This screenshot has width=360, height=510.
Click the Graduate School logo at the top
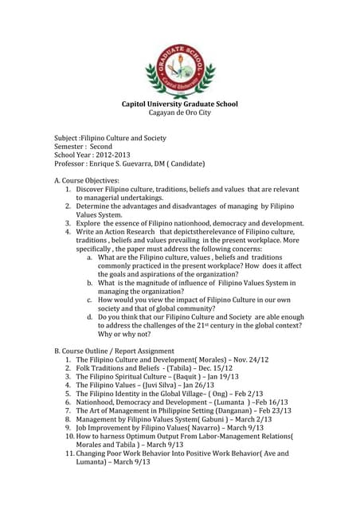click(x=179, y=69)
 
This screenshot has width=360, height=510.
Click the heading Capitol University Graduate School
click(x=179, y=104)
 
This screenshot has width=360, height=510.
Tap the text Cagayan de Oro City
click(x=179, y=114)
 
